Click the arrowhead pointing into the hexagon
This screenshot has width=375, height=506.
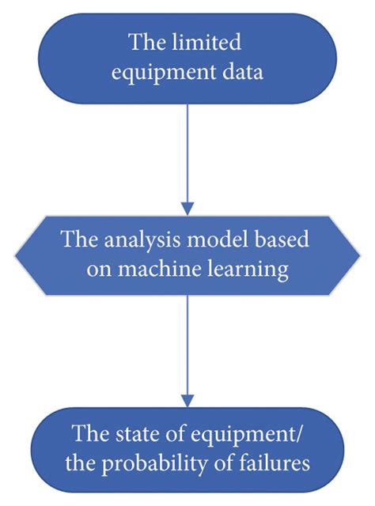tap(187, 209)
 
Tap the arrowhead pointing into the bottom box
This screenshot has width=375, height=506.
tap(187, 400)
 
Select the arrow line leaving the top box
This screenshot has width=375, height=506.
tap(187, 150)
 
